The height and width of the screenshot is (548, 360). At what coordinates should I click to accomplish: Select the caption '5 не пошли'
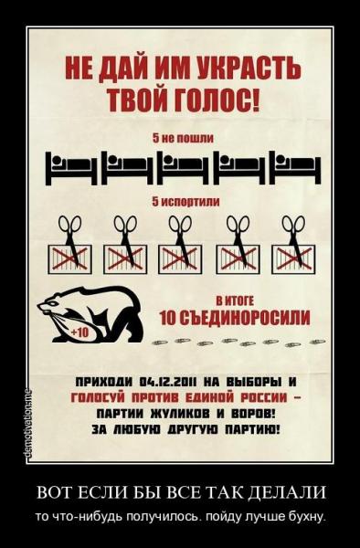point(183,138)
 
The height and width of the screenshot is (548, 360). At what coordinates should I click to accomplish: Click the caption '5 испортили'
point(185,202)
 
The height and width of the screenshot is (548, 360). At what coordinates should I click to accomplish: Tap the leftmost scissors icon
point(71,237)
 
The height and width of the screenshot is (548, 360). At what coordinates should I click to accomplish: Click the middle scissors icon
point(181,237)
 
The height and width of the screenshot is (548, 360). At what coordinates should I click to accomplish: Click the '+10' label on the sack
point(80,332)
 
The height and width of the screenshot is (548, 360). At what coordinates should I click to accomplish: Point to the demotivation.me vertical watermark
point(27,424)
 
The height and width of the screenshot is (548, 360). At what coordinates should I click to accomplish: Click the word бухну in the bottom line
point(305,516)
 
